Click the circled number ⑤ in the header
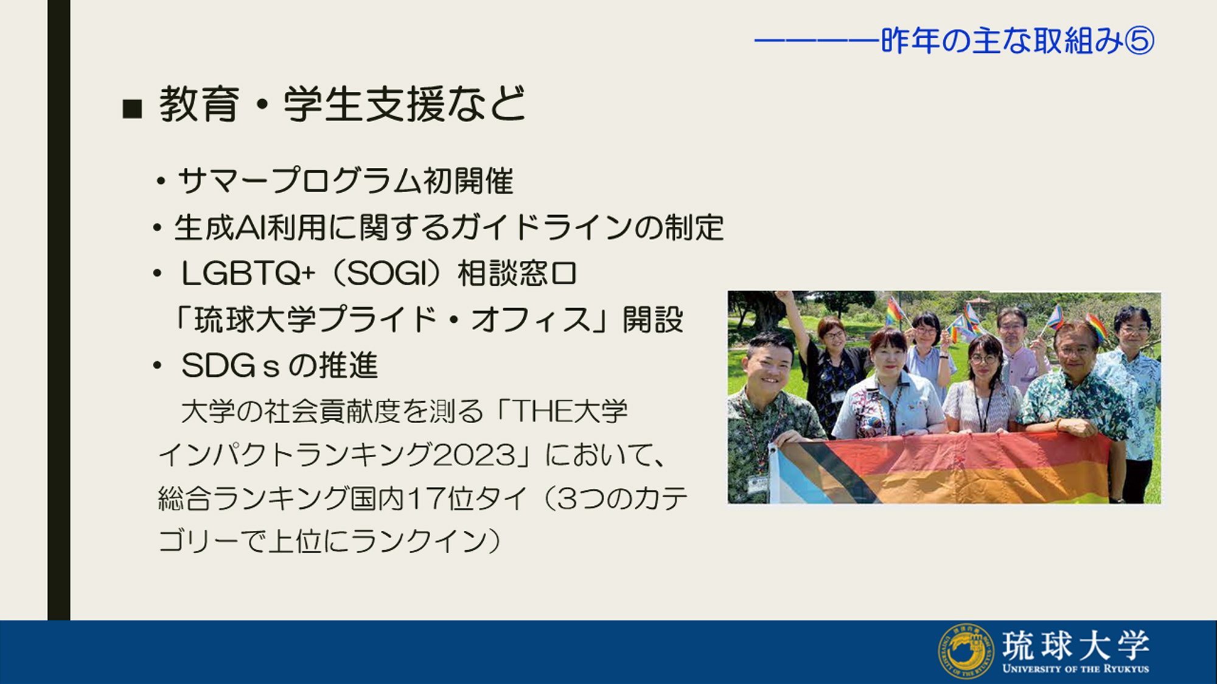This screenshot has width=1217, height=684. [x=1139, y=41]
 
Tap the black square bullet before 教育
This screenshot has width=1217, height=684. [x=132, y=109]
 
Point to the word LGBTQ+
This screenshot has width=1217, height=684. [x=248, y=274]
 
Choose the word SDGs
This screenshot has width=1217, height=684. [x=230, y=366]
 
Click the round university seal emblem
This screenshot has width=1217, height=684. [x=965, y=651]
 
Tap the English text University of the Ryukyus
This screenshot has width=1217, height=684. [x=1076, y=669]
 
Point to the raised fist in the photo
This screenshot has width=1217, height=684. [x=785, y=298]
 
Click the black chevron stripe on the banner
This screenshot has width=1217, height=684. [x=840, y=471]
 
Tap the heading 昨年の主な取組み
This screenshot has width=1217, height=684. [x=1002, y=41]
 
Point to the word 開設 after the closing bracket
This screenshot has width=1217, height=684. [x=653, y=320]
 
